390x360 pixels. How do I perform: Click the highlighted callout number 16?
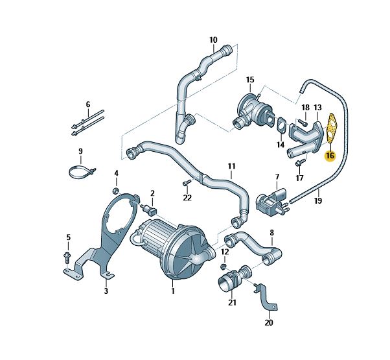pyautogui.click(x=330, y=156)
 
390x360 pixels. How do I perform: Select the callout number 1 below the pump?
pyautogui.click(x=172, y=291)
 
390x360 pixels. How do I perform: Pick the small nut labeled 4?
pyautogui.click(x=116, y=191)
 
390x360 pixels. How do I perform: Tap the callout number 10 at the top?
pyautogui.click(x=213, y=40)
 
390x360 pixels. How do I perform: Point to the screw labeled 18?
pyautogui.click(x=302, y=123)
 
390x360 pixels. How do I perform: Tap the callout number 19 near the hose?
pyautogui.click(x=318, y=200)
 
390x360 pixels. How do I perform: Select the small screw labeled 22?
pyautogui.click(x=187, y=183)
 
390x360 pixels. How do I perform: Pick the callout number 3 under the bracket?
pyautogui.click(x=106, y=291)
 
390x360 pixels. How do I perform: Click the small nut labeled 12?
pyautogui.click(x=224, y=267)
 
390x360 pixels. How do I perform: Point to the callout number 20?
pyautogui.click(x=269, y=322)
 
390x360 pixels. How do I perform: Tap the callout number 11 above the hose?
pyautogui.click(x=231, y=166)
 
